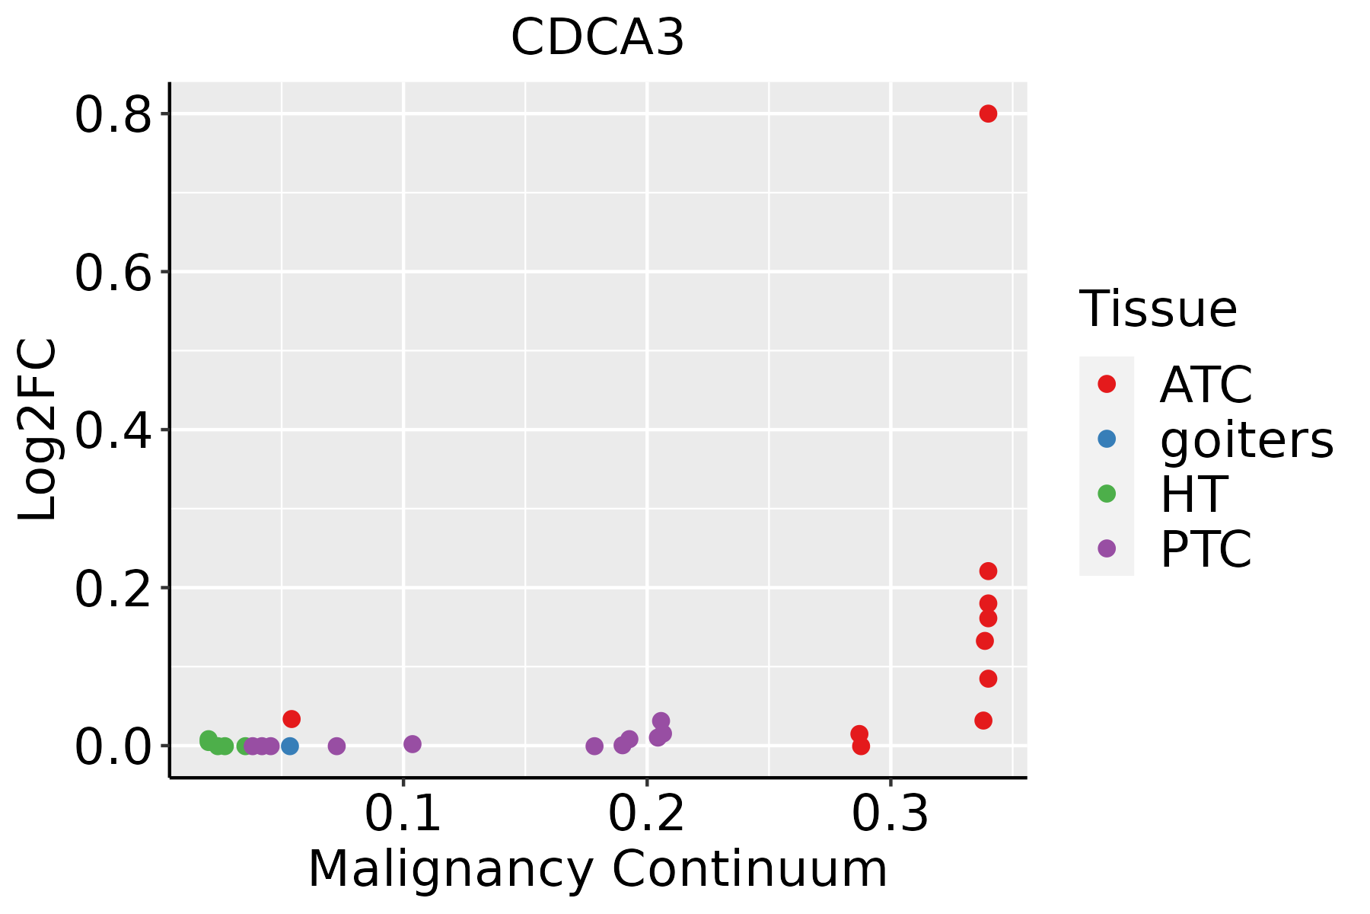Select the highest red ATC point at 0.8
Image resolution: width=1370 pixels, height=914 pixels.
point(988,113)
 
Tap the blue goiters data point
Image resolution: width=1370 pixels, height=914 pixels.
point(289,746)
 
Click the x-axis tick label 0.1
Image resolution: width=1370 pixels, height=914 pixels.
point(403,813)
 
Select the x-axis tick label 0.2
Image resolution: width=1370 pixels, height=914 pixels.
point(647,813)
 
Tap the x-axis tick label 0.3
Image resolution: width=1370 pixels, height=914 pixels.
point(890,813)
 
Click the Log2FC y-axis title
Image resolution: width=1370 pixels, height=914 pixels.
point(38,430)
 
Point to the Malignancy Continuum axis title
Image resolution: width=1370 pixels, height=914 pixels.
point(597,869)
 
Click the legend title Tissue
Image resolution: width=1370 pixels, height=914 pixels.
point(1158,309)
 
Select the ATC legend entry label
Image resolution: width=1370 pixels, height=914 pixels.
point(1206,385)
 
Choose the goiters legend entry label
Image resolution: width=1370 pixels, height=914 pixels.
point(1247,439)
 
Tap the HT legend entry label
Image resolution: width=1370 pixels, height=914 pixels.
point(1193,494)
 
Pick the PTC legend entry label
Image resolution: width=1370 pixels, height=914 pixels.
point(1206,548)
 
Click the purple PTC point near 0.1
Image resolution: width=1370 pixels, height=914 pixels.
point(413,743)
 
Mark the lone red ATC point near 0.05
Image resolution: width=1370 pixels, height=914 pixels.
point(292,718)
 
